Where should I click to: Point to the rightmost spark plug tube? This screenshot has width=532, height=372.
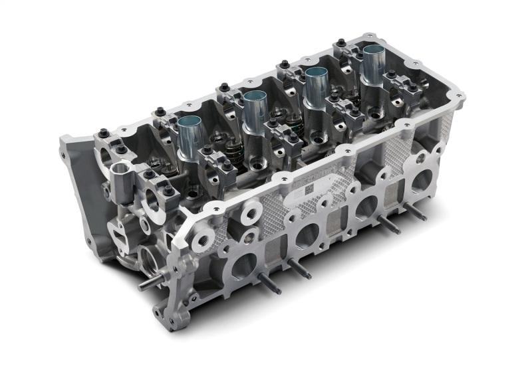pos(372,63)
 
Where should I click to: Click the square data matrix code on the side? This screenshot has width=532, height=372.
pos(311,189)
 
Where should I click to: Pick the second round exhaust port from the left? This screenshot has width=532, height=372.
pos(307,233)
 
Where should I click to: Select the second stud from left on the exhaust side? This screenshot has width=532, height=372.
pos(299,268)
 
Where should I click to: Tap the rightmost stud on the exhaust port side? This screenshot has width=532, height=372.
pos(416,211)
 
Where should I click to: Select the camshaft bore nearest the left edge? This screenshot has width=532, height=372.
pos(105,155)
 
